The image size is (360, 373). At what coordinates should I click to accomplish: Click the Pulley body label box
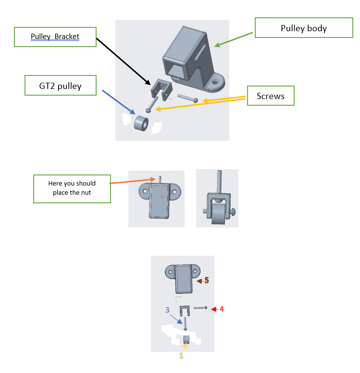(304, 27)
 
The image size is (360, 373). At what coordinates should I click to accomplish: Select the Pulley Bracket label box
(55, 37)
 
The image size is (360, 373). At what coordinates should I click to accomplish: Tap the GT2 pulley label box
(61, 86)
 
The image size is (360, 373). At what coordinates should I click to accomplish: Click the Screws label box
(271, 96)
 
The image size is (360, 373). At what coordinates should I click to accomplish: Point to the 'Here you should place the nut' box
(72, 189)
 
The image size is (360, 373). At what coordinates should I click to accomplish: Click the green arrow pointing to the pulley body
(234, 40)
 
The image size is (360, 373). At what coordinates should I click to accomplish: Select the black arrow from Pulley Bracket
(123, 61)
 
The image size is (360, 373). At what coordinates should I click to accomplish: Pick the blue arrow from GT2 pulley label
(119, 102)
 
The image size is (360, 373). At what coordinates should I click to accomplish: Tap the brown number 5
(207, 280)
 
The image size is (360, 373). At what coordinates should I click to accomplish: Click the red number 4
(222, 309)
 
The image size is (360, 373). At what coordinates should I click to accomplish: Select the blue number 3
(167, 310)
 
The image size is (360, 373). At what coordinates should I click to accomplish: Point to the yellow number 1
(181, 355)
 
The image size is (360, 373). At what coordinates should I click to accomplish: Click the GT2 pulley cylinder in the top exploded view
(141, 124)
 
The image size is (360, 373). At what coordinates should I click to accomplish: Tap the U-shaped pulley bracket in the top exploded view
(161, 89)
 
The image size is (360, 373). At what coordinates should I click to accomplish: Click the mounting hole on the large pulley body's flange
(215, 82)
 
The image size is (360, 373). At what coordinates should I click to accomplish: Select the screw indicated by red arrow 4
(200, 308)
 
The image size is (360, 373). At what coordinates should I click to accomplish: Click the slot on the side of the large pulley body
(200, 52)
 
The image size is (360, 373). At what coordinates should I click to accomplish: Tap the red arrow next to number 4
(215, 309)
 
